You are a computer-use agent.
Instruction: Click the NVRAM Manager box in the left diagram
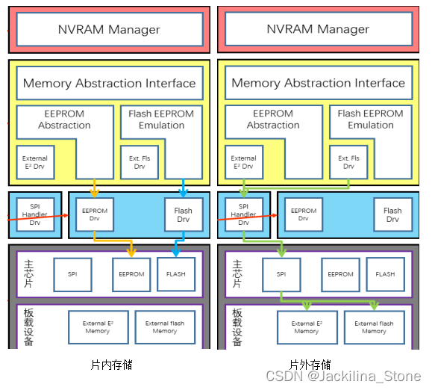[x=109, y=29]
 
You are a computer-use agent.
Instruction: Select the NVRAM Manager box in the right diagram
[x=318, y=29]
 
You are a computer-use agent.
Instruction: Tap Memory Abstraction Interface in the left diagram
[x=109, y=83]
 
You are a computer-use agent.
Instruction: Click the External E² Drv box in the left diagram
[x=34, y=162]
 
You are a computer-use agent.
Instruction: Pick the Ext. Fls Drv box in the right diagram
[x=348, y=162]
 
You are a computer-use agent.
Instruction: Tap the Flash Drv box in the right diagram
[x=392, y=215]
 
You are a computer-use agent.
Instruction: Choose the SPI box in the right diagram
[x=281, y=274]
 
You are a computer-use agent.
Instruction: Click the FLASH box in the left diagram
[x=176, y=274]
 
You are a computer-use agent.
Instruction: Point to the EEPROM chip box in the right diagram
[x=340, y=274]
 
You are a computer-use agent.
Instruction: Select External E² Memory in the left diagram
[x=97, y=327]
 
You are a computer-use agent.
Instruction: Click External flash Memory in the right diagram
[x=374, y=327]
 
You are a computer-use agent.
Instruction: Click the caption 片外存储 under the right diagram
[x=310, y=365]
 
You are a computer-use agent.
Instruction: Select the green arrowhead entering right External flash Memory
[x=375, y=306]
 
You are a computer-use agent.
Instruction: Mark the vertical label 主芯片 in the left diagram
[x=28, y=275]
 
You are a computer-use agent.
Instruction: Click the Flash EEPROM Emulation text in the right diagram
[x=370, y=120]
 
